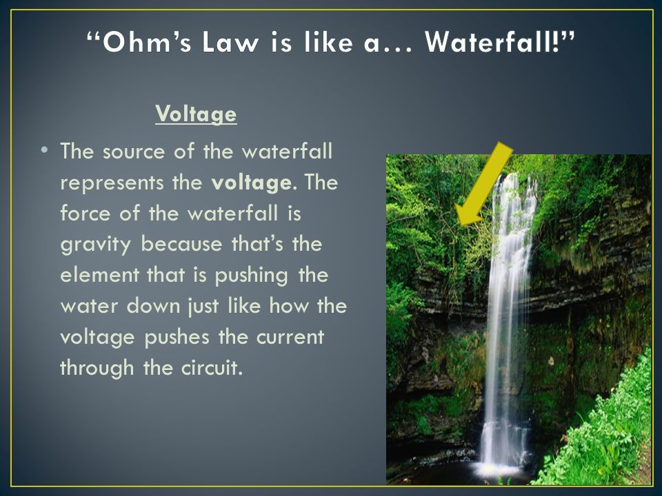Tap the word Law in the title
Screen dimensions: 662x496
230,42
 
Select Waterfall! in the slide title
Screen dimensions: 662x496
495,42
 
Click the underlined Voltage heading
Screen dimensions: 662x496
196,114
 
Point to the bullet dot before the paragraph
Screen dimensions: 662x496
44,151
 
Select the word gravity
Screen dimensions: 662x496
96,245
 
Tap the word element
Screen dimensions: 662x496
99,275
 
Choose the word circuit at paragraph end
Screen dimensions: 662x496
212,368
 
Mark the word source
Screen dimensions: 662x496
133,152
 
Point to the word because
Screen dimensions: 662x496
181,244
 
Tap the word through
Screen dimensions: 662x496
97,369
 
